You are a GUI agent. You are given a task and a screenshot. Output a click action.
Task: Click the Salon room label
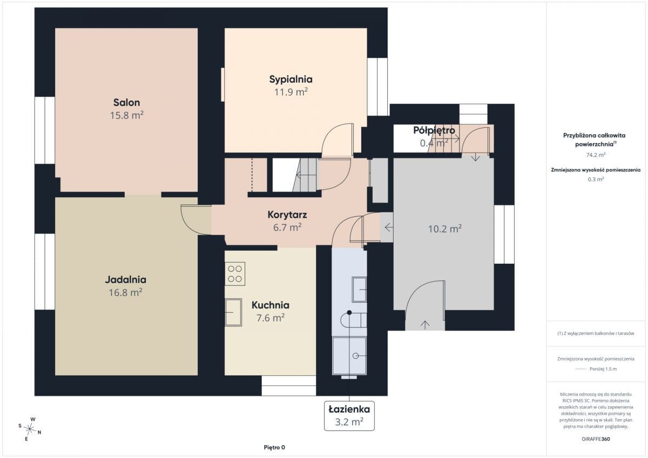pos(126,102)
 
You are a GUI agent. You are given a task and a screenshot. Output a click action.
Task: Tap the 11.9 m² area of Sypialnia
pos(291,92)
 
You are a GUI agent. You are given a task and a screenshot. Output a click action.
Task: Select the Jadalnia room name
pos(125,279)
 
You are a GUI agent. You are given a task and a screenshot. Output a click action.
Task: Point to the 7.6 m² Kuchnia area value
pos(270,318)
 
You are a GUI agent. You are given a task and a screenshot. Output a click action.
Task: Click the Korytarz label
pos(287,215)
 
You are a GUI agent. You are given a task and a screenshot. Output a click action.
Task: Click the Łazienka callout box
pos(349,416)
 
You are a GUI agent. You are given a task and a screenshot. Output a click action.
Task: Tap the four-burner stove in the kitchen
pos(235,274)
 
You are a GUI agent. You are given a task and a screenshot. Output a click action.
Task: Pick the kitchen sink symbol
pos(233,312)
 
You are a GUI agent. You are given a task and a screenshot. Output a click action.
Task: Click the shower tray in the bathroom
pos(349,356)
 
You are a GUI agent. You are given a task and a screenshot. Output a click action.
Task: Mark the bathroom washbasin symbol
pos(359,290)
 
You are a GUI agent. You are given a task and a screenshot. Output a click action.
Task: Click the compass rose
pos(30,429)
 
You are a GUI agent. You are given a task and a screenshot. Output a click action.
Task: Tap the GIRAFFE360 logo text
pos(596,439)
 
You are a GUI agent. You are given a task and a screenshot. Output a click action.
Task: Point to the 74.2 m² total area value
pos(596,155)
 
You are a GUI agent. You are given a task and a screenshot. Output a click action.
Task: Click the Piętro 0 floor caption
pos(274,447)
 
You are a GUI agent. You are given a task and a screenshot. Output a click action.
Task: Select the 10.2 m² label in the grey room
pos(444,229)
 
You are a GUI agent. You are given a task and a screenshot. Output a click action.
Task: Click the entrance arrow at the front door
pos(424,325)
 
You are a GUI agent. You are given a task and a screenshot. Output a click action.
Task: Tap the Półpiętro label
pos(434,131)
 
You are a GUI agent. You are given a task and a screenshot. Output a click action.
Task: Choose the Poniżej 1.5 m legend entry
pos(603,369)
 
